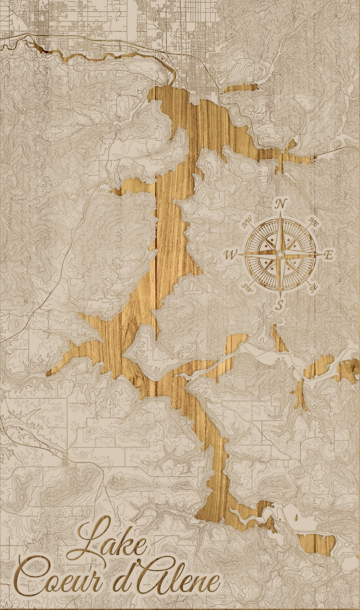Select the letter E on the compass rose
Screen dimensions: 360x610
(x=329, y=255)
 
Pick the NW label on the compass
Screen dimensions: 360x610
(x=247, y=223)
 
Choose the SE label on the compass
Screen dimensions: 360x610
(x=314, y=287)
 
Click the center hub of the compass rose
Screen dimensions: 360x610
(x=280, y=254)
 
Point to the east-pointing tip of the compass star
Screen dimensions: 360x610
(x=321, y=254)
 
